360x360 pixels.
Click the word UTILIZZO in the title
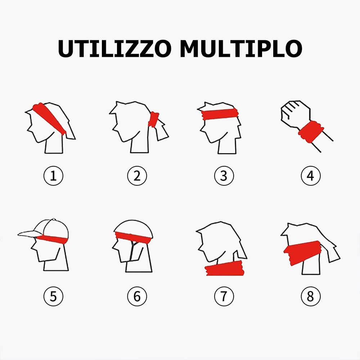[x=114, y=49]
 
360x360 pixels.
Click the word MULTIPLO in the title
[x=241, y=49]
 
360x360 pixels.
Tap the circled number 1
[x=53, y=176]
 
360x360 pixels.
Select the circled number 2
[x=137, y=176]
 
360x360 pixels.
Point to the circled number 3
[x=224, y=176]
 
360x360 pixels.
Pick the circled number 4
[x=310, y=176]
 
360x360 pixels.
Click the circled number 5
[x=53, y=296]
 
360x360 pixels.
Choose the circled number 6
[x=137, y=296]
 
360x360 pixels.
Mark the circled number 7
[x=224, y=296]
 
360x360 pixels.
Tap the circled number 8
[x=310, y=296]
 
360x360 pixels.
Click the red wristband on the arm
[x=311, y=132]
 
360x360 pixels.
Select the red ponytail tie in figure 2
[x=153, y=120]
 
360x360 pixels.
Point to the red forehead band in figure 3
[x=220, y=114]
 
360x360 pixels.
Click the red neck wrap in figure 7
[x=225, y=269]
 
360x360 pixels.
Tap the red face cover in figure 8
[x=302, y=252]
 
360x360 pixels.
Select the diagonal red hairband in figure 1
[x=49, y=118]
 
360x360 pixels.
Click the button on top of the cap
[x=54, y=220]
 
